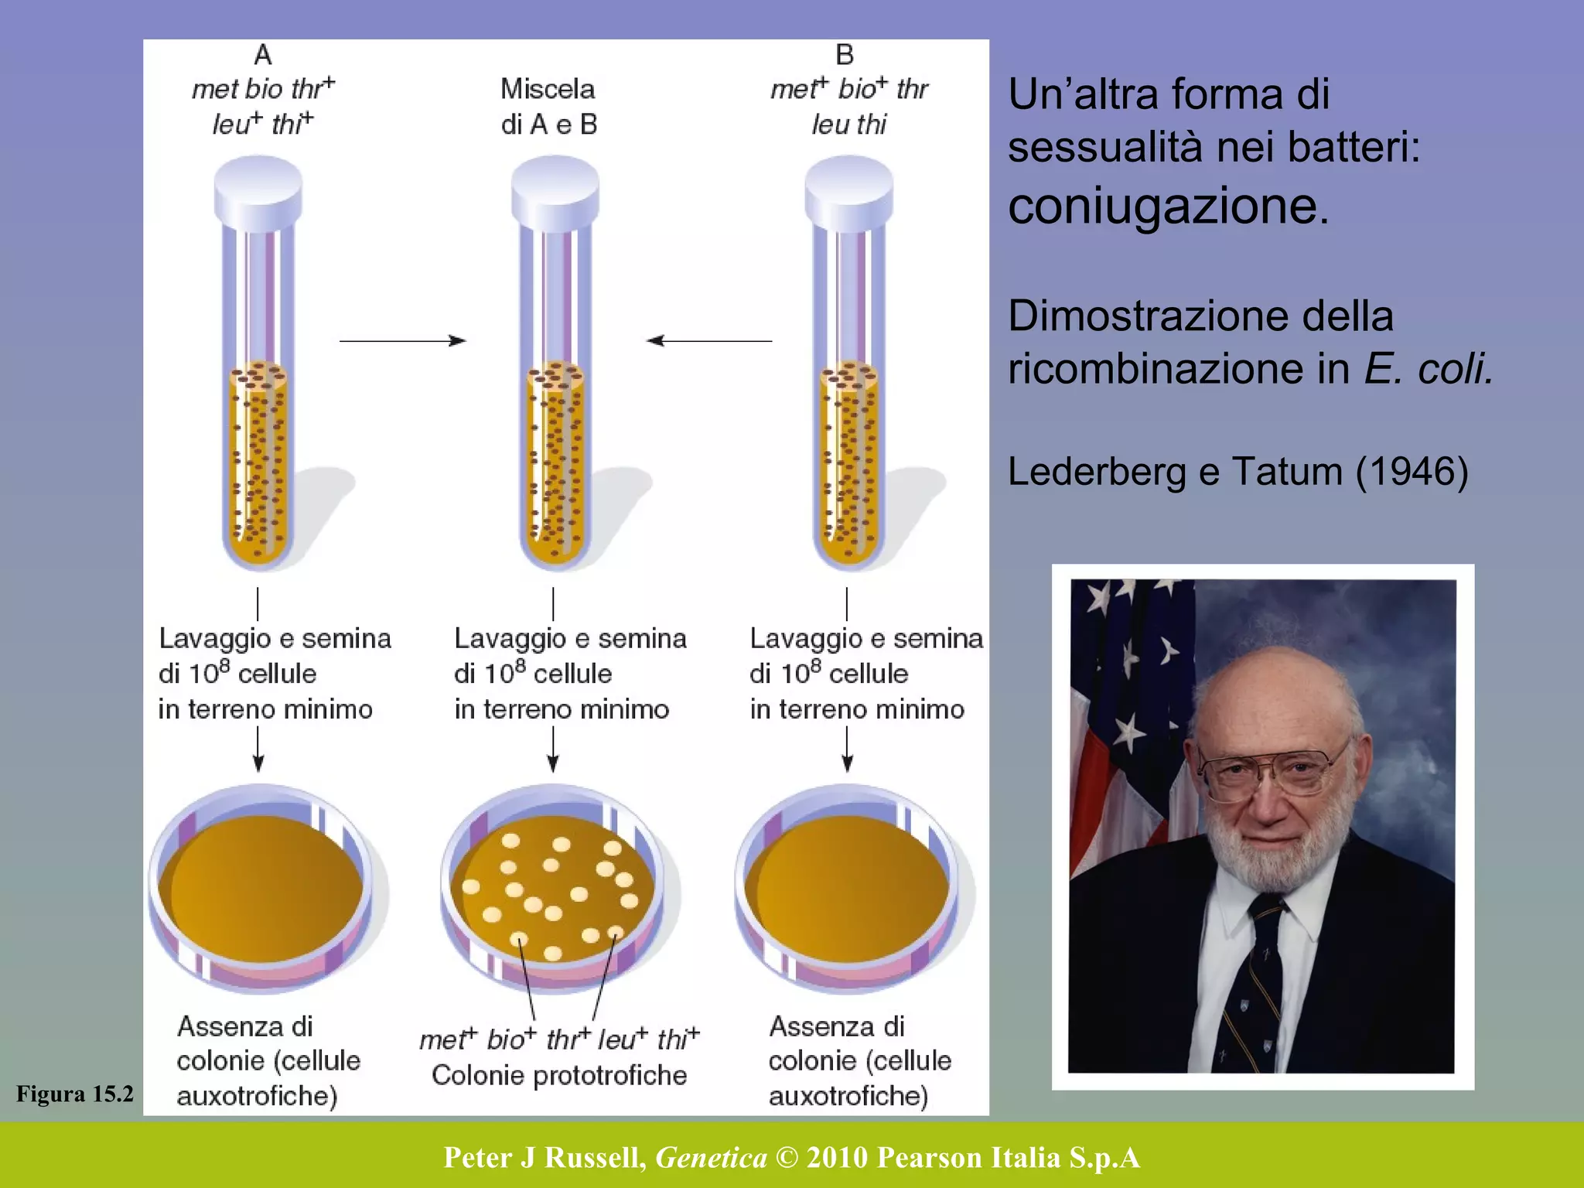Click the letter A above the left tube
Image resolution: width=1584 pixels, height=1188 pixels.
[263, 55]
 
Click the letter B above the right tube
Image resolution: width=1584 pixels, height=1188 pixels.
[845, 55]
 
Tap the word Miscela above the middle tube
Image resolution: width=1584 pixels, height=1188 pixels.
[548, 89]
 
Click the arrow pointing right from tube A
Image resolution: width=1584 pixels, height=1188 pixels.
[402, 340]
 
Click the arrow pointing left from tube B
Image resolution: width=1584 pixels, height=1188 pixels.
[708, 340]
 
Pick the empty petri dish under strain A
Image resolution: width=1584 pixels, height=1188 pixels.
[261, 889]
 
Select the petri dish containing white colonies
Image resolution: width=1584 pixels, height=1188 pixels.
[554, 889]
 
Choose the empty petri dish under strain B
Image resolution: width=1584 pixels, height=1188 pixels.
[848, 889]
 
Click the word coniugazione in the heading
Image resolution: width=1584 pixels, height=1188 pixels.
[1168, 207]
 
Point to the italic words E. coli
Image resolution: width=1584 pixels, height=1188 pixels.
[1428, 368]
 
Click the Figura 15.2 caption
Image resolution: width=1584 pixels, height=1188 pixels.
[74, 1094]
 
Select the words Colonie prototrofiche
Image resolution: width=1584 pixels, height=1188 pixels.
[558, 1075]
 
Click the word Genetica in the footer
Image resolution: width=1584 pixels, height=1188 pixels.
[711, 1158]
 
